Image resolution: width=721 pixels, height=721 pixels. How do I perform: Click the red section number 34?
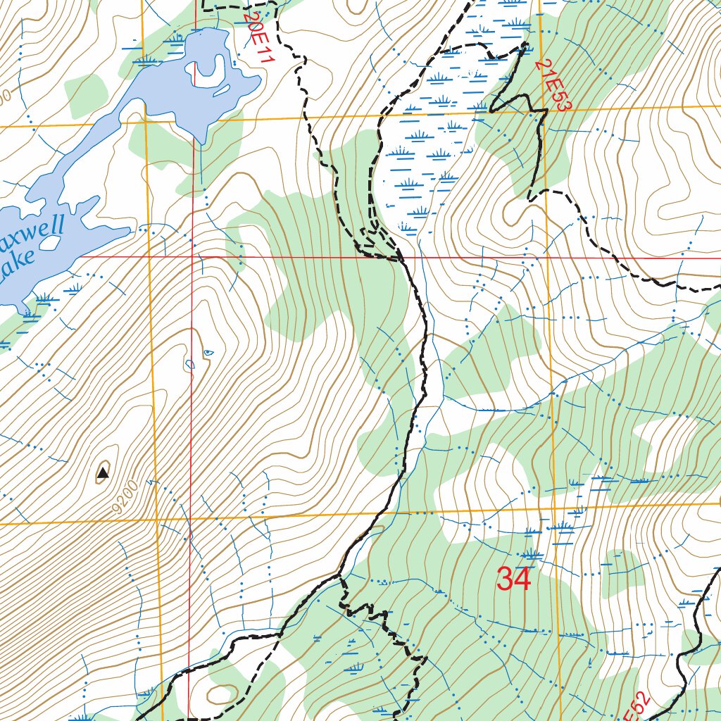[513, 579]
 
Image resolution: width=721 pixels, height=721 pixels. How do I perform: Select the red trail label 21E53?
[554, 84]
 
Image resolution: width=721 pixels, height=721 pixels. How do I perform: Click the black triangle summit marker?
[103, 472]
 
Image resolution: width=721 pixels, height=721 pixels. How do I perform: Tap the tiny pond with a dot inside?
[189, 364]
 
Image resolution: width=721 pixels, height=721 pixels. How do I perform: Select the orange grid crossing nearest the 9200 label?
[157, 522]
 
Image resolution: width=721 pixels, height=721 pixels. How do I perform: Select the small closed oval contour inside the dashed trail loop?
[221, 694]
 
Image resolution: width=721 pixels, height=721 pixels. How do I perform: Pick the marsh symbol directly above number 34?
[532, 553]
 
